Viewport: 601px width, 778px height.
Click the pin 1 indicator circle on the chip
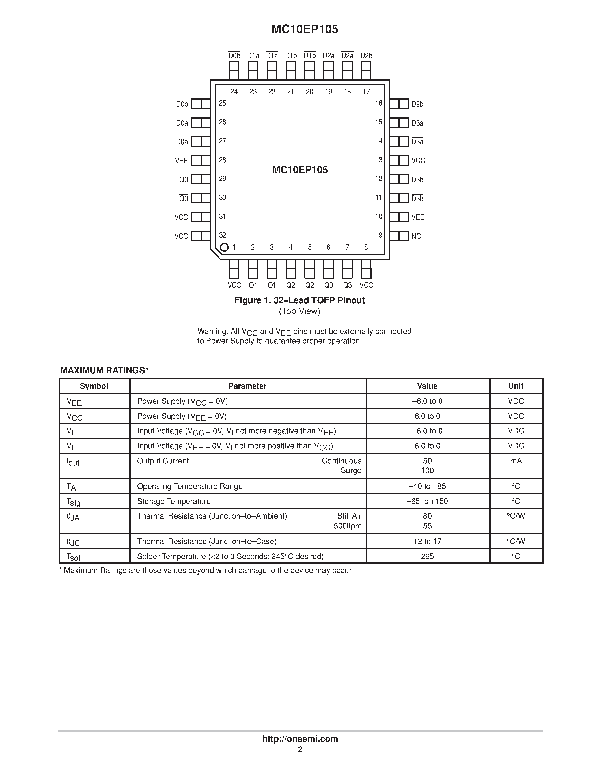click(224, 247)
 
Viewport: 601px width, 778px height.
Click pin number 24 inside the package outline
click(234, 92)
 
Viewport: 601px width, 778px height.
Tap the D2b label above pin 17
click(366, 56)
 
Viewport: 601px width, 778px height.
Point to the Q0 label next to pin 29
click(183, 180)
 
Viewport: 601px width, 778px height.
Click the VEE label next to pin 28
click(181, 161)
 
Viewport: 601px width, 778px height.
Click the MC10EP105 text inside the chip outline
click(300, 170)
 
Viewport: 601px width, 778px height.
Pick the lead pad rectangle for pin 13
click(399, 160)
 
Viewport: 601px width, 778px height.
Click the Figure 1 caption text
click(300, 300)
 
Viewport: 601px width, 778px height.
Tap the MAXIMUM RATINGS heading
click(104, 371)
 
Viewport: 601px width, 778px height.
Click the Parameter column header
click(247, 386)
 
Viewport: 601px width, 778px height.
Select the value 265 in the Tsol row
click(427, 556)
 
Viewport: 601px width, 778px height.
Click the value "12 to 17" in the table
click(427, 541)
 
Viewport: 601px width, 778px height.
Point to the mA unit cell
click(516, 461)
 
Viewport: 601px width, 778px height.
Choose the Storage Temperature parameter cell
click(174, 501)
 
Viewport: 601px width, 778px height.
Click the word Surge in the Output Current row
click(351, 470)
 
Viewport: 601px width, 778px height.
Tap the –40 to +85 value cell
click(427, 486)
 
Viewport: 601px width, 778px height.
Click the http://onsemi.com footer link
click(300, 739)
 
